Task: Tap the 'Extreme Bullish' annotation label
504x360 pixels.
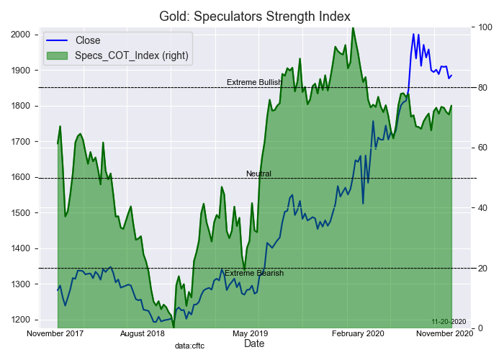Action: [254, 83]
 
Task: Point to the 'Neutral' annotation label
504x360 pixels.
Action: [258, 174]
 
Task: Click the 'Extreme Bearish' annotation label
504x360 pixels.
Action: [254, 274]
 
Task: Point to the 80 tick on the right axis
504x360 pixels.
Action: [484, 88]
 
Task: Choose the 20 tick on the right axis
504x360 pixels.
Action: [484, 268]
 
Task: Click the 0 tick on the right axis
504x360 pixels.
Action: [482, 328]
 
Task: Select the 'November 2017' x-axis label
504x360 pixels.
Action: [55, 333]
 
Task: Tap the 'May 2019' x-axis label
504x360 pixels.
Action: [249, 333]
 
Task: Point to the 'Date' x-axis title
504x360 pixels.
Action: [254, 344]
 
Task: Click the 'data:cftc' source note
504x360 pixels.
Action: [189, 346]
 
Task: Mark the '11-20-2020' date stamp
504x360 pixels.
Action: [449, 321]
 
